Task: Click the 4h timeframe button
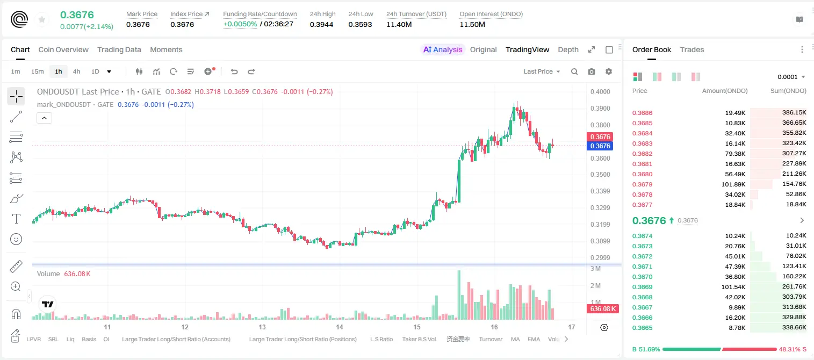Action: click(x=76, y=71)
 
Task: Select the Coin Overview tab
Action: click(x=63, y=49)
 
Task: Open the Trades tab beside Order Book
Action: click(x=692, y=49)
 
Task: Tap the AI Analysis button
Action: click(x=443, y=49)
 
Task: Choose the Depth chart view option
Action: click(x=568, y=49)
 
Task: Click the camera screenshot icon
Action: click(x=592, y=71)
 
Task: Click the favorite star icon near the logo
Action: click(x=42, y=20)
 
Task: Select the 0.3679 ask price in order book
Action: click(x=642, y=184)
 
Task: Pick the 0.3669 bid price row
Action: click(x=642, y=287)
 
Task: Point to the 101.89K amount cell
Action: click(x=733, y=184)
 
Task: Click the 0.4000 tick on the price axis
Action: click(x=600, y=91)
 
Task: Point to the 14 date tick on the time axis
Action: click(x=340, y=327)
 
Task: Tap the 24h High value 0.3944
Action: click(x=321, y=24)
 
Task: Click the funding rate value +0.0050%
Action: click(x=240, y=24)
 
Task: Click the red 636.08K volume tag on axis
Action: click(x=602, y=309)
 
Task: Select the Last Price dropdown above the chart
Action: click(x=542, y=71)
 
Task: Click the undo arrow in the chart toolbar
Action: click(x=234, y=71)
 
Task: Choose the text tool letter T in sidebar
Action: click(x=16, y=219)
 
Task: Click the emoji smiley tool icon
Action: click(x=16, y=239)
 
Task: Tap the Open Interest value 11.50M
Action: click(x=472, y=24)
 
